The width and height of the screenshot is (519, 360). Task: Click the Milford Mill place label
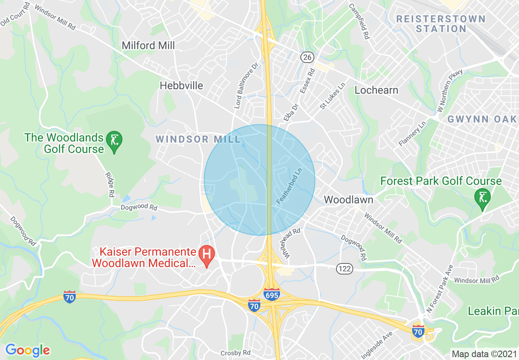(148, 45)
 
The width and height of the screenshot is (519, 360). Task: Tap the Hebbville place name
(181, 85)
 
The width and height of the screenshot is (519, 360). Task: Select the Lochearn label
(376, 90)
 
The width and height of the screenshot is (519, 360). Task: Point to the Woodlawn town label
(348, 200)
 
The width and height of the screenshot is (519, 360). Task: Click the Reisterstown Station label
(441, 24)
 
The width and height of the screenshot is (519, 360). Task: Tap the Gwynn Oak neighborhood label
(482, 119)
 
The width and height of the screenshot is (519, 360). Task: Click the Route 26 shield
(307, 57)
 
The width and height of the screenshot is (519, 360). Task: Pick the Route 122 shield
(345, 269)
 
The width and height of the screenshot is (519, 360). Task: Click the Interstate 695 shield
(272, 294)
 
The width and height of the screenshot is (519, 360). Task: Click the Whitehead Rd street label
(291, 243)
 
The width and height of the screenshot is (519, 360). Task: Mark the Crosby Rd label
(235, 353)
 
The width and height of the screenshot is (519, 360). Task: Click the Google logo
(27, 350)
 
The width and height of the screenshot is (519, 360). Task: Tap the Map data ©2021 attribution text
(483, 354)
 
